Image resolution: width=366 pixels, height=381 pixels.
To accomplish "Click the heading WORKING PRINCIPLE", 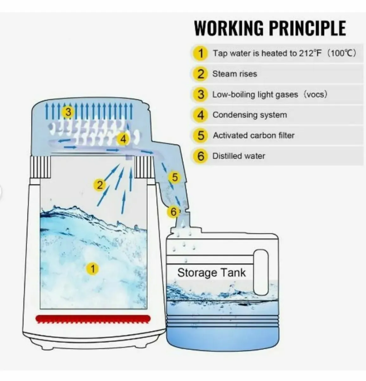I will [x=270, y=28].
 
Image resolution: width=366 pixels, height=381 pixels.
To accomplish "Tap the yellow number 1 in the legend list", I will [x=201, y=53].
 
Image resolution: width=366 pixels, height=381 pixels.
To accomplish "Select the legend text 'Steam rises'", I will [x=234, y=74].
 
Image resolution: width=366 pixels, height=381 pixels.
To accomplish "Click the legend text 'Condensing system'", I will [x=249, y=115].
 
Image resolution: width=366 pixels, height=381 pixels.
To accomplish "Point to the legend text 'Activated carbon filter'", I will [x=254, y=136].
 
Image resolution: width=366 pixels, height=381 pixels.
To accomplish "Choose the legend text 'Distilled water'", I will [x=239, y=156].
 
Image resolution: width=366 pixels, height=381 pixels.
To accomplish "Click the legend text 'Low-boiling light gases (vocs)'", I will [x=270, y=95].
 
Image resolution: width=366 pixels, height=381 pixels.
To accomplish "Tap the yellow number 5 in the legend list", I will [x=201, y=136].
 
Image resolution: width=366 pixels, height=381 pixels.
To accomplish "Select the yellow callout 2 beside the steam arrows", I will [x=100, y=185].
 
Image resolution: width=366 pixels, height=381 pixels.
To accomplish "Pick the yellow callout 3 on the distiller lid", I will [x=68, y=112].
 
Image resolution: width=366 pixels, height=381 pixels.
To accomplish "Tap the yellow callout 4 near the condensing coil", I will [x=123, y=139].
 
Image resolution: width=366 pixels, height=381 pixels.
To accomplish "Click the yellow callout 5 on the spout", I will [x=175, y=177].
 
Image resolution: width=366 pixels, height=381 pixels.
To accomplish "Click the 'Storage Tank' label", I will [x=211, y=273].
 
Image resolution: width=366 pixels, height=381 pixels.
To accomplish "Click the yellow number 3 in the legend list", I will [x=201, y=95].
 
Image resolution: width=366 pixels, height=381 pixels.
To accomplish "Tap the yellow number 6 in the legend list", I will [x=201, y=156].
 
